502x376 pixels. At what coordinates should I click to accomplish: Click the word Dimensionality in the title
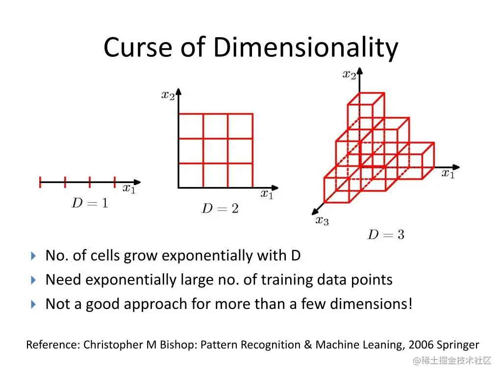[x=305, y=48]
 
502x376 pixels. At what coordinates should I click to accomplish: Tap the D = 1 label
[x=90, y=203]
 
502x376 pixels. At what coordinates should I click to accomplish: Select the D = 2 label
[x=220, y=209]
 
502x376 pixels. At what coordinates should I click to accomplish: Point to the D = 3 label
[x=386, y=235]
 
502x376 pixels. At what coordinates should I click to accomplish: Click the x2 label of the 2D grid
[x=168, y=95]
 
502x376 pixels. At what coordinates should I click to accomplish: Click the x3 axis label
[x=322, y=220]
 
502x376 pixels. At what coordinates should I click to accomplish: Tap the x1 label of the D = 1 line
[x=129, y=188]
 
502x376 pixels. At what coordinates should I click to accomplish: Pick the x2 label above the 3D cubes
[x=349, y=74]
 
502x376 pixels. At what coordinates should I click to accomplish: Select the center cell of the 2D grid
[x=216, y=151]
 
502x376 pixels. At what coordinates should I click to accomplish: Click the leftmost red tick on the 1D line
[x=40, y=182]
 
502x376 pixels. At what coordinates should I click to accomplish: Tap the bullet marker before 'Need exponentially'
[x=33, y=280]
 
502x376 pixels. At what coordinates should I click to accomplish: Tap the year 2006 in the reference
[x=421, y=345]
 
